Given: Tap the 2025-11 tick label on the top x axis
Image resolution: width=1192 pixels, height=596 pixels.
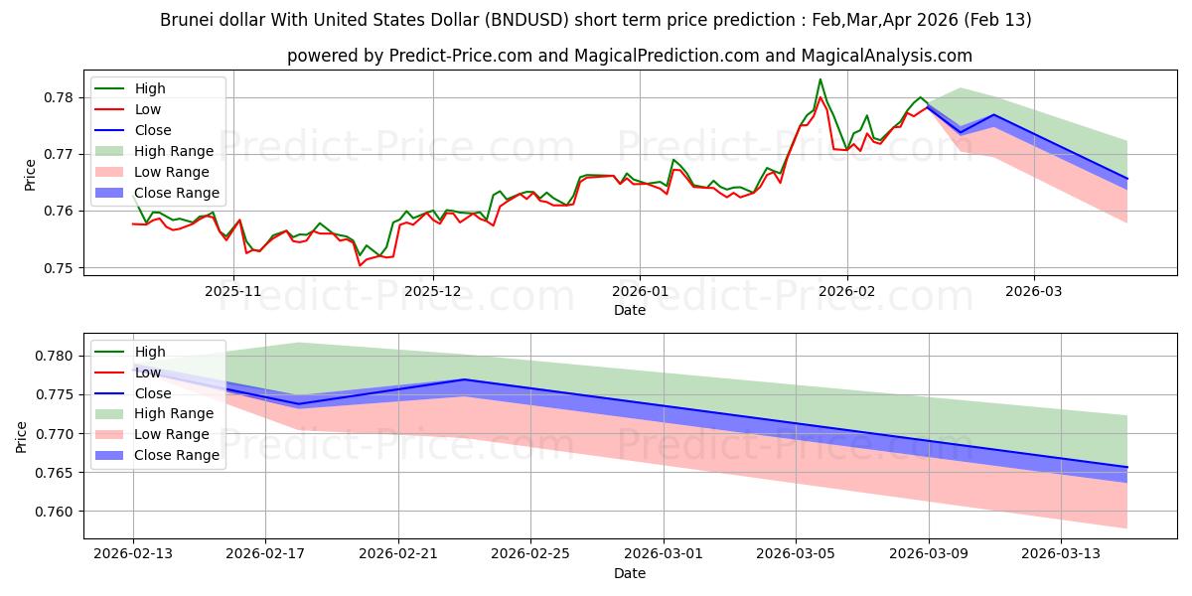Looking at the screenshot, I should pyautogui.click(x=233, y=291).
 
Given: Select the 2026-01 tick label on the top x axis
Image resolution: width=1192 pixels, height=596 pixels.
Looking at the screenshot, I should pyautogui.click(x=640, y=291).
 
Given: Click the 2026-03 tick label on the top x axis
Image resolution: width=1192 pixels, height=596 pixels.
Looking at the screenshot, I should pyautogui.click(x=1034, y=291).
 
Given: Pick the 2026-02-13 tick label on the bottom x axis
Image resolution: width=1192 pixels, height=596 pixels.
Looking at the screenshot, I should pyautogui.click(x=133, y=553).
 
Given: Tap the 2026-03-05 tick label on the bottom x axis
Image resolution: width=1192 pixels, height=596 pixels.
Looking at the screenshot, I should pyautogui.click(x=797, y=553).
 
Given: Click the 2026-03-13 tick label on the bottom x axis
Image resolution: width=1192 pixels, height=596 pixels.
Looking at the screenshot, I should pyautogui.click(x=1062, y=553).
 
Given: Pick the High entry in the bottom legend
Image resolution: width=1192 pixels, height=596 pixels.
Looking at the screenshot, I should pyautogui.click(x=150, y=352).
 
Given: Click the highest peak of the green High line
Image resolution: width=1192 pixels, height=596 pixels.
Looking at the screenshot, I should pyautogui.click(x=820, y=79).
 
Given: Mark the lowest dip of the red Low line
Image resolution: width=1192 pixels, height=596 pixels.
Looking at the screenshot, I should pyautogui.click(x=360, y=265).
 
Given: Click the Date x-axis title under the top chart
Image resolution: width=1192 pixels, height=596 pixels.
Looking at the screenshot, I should pyautogui.click(x=630, y=310).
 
